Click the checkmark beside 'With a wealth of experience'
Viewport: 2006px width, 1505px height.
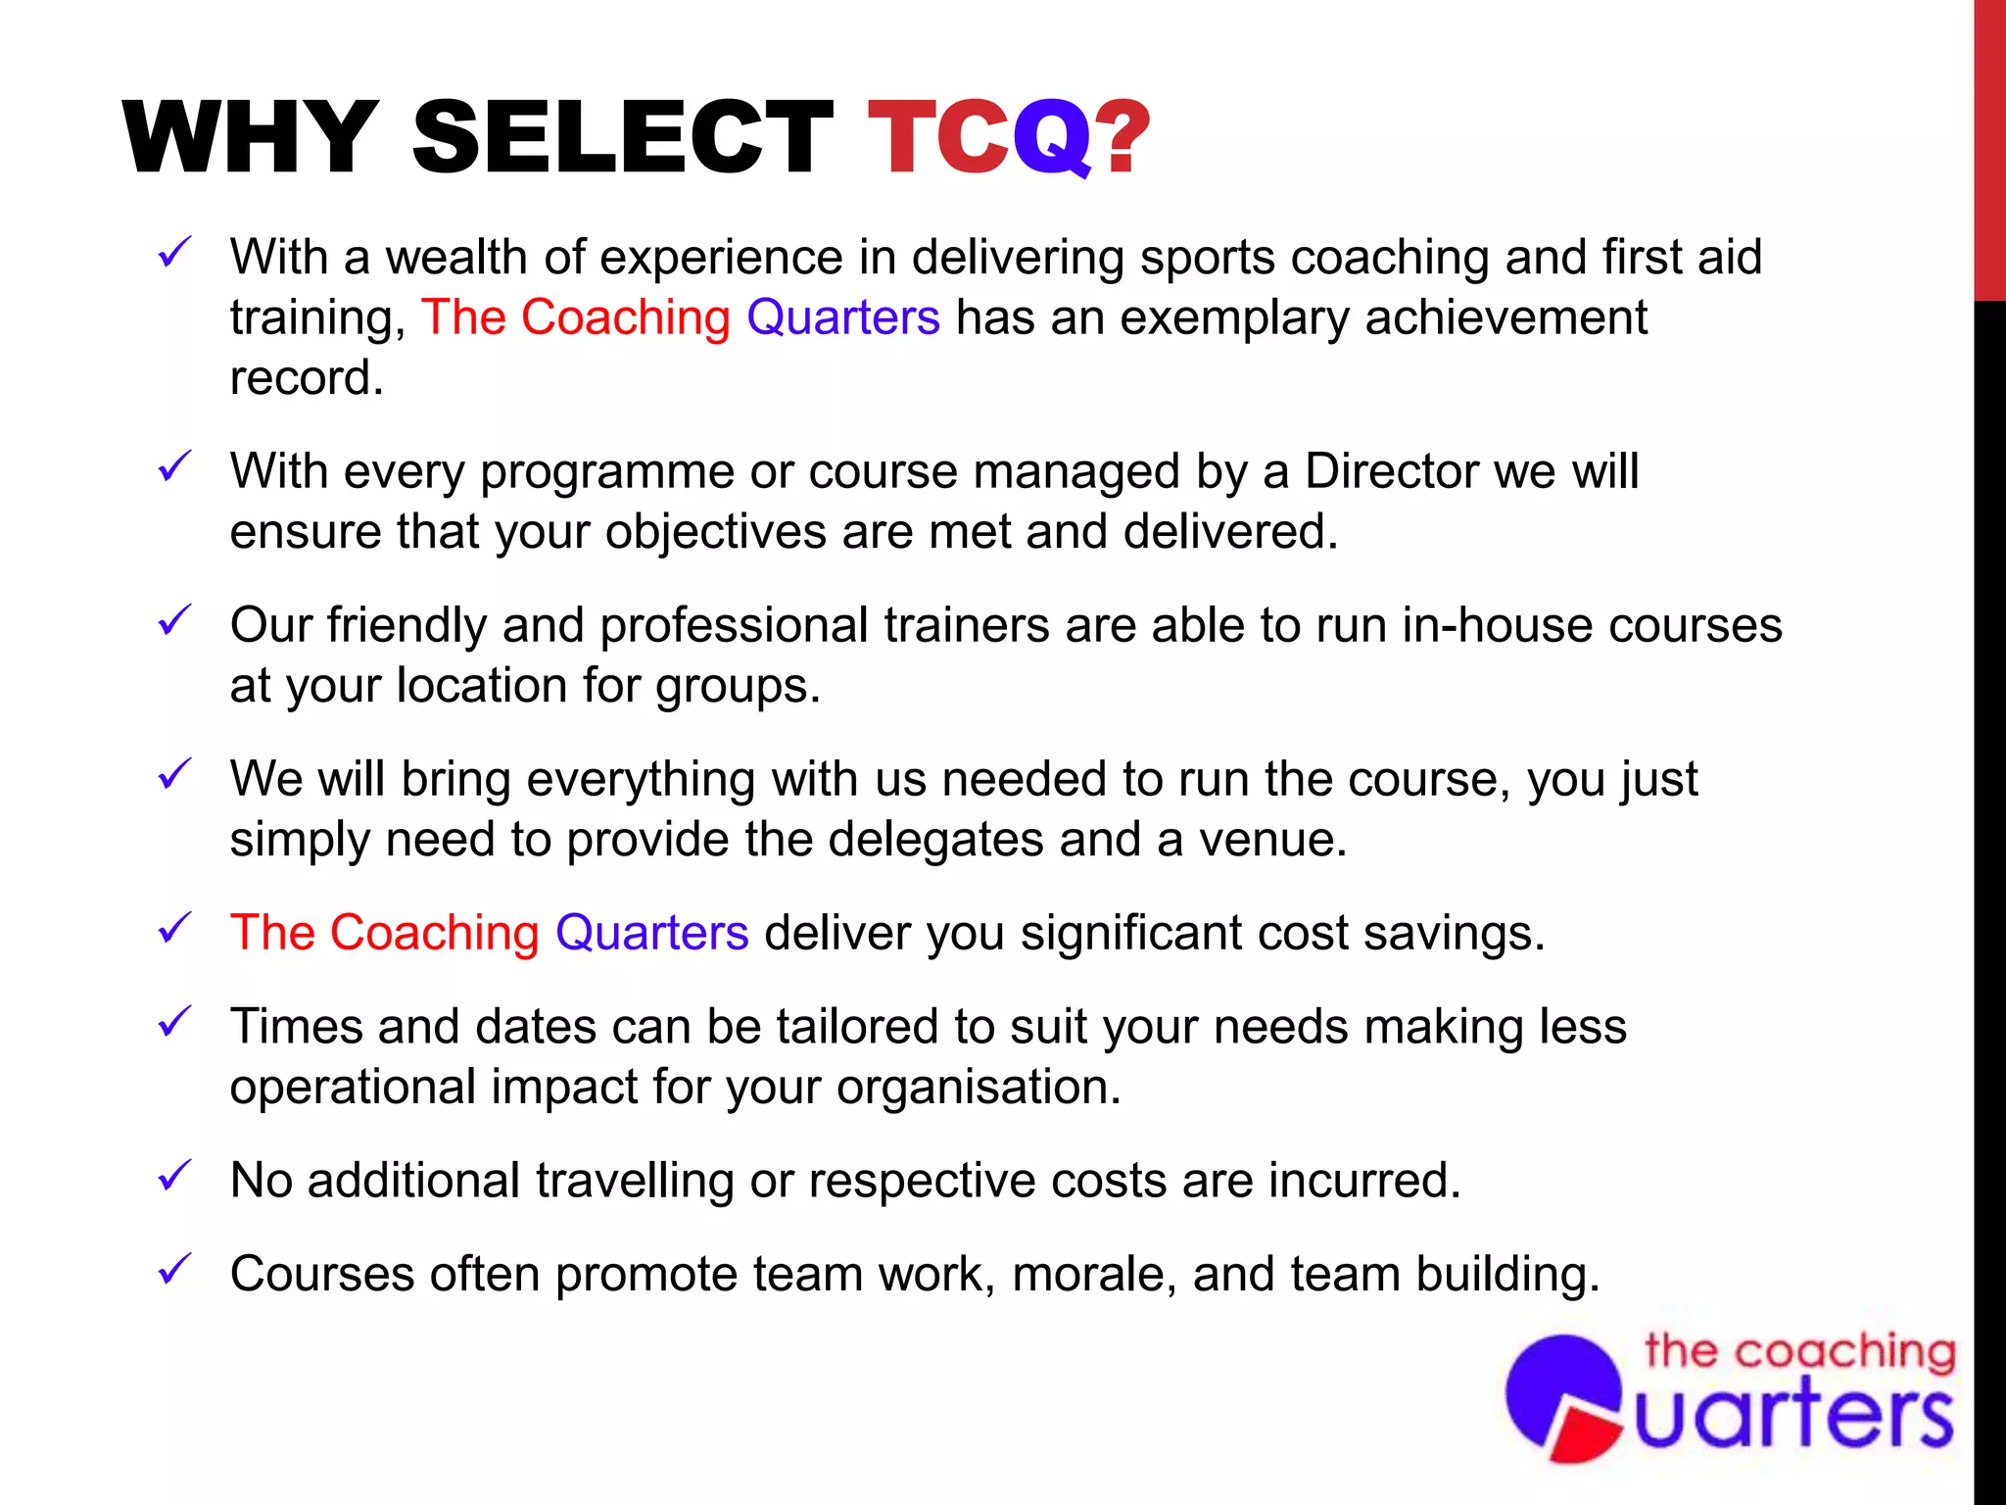point(174,253)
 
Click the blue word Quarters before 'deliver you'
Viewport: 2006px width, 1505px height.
point(651,932)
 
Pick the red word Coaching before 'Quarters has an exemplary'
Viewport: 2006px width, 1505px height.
point(625,317)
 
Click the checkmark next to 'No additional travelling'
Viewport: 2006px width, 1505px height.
point(174,1175)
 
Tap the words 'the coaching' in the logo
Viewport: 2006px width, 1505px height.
point(1800,1352)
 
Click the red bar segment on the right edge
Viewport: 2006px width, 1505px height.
point(1989,147)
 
